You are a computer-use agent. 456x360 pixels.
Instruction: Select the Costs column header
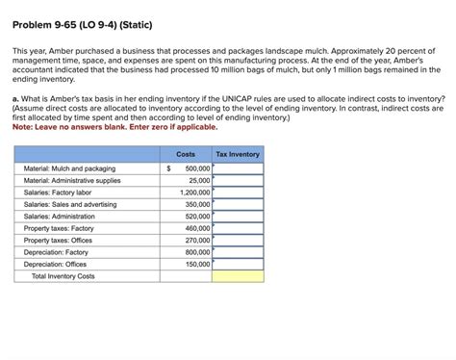click(x=186, y=154)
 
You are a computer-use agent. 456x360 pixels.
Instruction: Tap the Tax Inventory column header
click(x=237, y=154)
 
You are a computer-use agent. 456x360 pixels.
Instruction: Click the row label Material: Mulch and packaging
click(x=70, y=167)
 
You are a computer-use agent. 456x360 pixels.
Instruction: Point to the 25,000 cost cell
click(x=199, y=180)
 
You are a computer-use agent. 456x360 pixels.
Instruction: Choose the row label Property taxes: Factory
click(x=59, y=228)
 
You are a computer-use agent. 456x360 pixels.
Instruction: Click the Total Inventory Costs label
click(x=63, y=276)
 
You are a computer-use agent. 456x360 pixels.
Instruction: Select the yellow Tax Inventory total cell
click(x=237, y=276)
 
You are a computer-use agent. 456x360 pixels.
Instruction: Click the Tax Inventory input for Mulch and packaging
click(x=237, y=167)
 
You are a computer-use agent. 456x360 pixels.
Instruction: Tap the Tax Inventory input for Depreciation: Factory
click(x=237, y=252)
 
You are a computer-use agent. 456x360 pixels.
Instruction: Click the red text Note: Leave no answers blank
click(x=115, y=126)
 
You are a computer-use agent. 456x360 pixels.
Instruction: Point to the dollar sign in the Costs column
click(x=169, y=167)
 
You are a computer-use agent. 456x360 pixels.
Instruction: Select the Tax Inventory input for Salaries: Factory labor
click(x=237, y=192)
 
